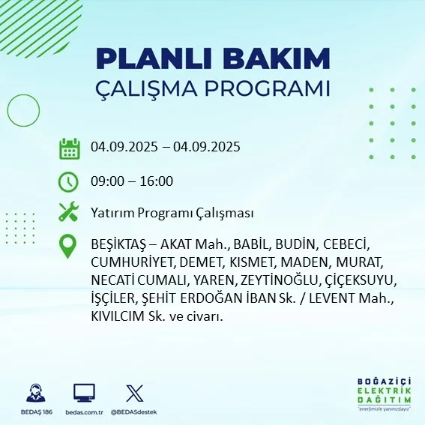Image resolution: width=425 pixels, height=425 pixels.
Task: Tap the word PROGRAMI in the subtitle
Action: tap(272, 88)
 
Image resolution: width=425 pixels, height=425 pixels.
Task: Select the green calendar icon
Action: tap(69, 148)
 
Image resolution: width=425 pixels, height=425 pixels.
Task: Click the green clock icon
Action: tap(68, 181)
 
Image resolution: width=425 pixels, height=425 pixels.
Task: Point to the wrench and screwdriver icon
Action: tap(69, 213)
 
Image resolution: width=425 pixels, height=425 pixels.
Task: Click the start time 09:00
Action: tap(106, 181)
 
